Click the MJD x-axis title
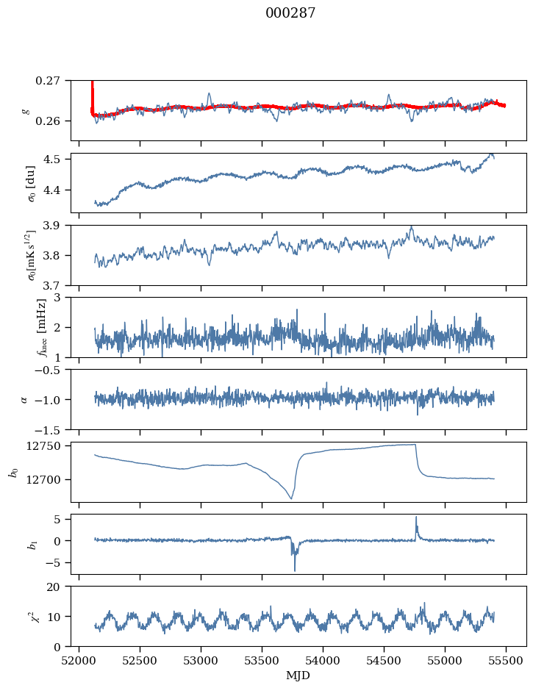click(298, 675)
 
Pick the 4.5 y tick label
click(56, 160)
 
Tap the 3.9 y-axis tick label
click(56, 225)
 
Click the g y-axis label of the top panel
click(26, 110)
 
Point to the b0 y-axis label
click(12, 472)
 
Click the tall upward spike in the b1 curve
click(416, 517)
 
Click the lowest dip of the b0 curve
click(291, 499)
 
